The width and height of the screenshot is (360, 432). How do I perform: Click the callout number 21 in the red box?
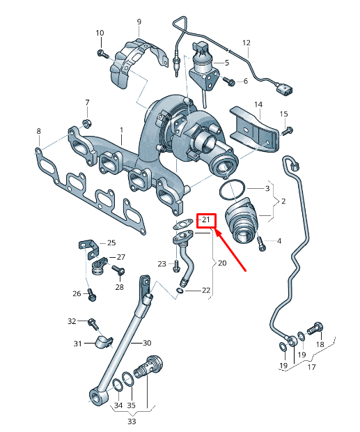[206, 220]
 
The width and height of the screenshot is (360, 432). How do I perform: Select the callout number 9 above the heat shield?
[139, 22]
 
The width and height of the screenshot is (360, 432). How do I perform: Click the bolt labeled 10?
[103, 54]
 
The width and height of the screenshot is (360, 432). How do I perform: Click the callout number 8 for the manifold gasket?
[38, 131]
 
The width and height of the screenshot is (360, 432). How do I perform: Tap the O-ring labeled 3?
[233, 190]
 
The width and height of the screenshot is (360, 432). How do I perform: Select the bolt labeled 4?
[261, 244]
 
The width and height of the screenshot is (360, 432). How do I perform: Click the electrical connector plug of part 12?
[284, 90]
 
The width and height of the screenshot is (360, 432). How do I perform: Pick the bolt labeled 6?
[228, 80]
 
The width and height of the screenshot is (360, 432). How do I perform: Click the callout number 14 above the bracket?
[258, 105]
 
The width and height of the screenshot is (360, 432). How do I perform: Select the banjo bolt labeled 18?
[315, 328]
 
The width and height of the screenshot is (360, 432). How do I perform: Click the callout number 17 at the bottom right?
[311, 367]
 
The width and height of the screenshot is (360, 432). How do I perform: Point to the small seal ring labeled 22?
[180, 291]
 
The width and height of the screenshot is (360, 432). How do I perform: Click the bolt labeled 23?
[176, 266]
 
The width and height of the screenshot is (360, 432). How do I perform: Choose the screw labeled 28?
[118, 270]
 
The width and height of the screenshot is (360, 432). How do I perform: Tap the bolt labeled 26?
[92, 295]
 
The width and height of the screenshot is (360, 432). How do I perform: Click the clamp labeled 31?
[104, 342]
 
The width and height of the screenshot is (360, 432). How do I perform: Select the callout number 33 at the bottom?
[132, 422]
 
